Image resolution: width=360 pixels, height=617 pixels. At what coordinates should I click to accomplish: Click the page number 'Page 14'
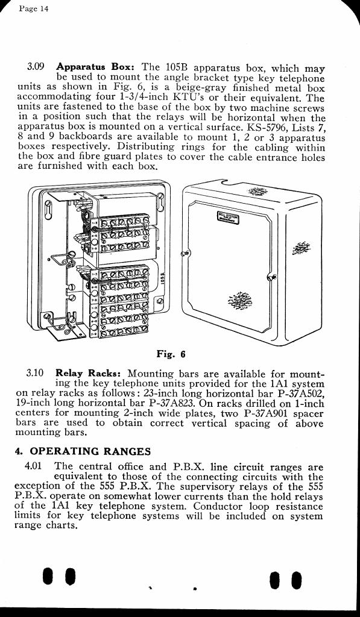point(34,8)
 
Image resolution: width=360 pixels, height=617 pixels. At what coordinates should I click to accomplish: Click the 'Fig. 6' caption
point(171,354)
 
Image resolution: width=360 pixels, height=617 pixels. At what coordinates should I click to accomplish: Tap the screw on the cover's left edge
point(184,253)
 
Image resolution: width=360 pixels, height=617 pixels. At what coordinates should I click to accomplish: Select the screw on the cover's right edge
point(270,277)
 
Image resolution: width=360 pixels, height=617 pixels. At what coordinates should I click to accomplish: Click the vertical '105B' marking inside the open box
point(162,278)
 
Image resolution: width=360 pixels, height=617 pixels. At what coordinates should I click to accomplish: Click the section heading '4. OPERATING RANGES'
point(83,451)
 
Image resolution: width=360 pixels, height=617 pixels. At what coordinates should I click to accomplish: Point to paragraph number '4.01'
point(33,467)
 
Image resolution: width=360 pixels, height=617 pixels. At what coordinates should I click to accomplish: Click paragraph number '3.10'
point(34,372)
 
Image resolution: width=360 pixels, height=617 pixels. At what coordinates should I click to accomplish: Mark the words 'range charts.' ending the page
point(45,525)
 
